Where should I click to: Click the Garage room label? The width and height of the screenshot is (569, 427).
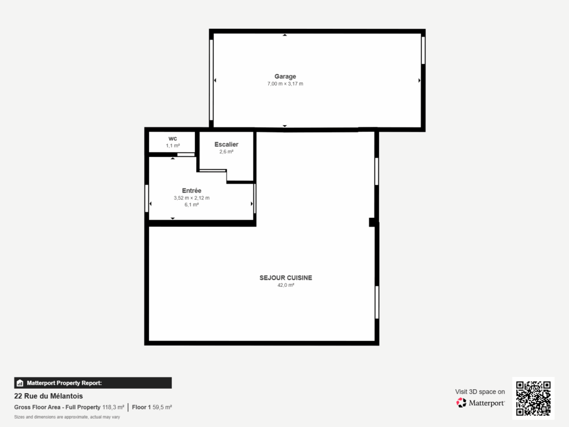tap(285, 76)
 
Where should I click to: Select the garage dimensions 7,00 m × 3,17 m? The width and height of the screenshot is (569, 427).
tap(285, 84)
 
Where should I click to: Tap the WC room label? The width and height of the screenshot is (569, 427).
tap(173, 138)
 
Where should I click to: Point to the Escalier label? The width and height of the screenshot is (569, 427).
tap(226, 145)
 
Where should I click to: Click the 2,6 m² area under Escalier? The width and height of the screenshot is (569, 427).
tap(226, 152)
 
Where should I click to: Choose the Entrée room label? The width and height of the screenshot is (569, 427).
tap(191, 190)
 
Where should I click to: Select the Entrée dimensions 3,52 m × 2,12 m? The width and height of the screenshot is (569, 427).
tap(191, 197)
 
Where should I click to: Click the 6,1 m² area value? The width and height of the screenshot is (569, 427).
tap(191, 205)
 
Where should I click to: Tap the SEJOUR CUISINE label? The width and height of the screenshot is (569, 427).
tap(286, 277)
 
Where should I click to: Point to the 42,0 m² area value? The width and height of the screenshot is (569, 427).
tap(286, 285)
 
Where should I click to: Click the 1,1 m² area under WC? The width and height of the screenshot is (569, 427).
tap(173, 146)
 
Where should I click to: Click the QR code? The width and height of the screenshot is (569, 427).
tap(533, 398)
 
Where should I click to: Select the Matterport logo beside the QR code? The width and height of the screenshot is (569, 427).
tap(481, 403)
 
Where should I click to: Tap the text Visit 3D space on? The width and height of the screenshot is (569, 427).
tap(480, 391)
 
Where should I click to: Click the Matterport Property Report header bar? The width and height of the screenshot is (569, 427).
tap(93, 383)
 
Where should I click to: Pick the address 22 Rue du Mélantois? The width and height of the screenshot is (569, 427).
tap(48, 396)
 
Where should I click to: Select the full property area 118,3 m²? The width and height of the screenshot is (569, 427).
tap(113, 408)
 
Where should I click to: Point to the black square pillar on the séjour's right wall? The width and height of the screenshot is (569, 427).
tap(373, 222)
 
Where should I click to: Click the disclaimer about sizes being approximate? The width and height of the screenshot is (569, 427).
tap(67, 416)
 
